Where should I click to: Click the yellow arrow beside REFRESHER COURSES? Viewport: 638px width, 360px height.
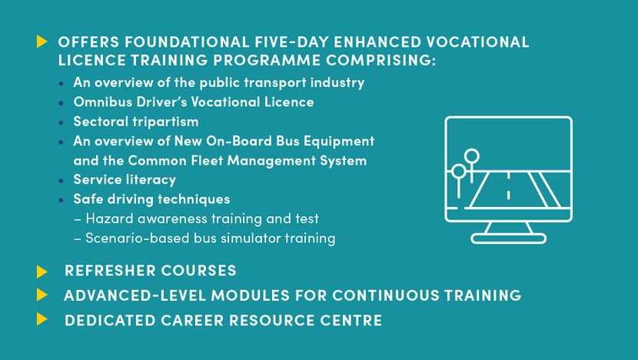(x=42, y=272)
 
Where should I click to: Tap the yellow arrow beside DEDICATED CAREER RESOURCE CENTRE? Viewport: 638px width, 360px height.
(x=42, y=319)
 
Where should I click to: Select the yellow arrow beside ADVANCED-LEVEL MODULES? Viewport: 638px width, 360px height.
(x=42, y=295)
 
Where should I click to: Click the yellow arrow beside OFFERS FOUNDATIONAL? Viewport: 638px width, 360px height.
(x=42, y=41)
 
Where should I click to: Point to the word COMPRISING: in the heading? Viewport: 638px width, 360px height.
(x=380, y=60)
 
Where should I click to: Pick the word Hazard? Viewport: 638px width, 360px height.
(x=110, y=218)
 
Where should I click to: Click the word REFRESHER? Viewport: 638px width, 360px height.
(x=110, y=271)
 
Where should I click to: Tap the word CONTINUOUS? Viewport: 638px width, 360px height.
(x=386, y=295)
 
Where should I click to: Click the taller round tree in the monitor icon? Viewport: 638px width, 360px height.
(x=472, y=157)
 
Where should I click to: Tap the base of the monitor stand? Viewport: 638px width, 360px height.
(x=508, y=238)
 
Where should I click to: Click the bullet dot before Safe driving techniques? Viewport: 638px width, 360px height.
(x=61, y=200)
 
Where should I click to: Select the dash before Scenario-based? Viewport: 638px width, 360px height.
(x=78, y=239)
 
